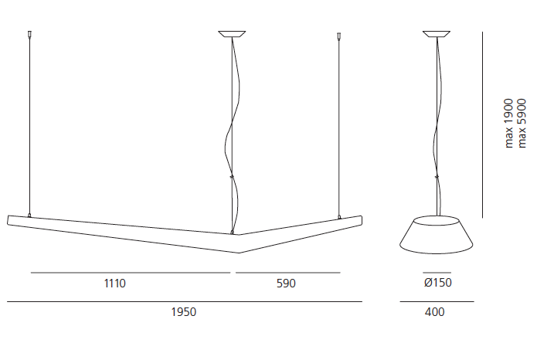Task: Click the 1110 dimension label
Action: [115, 284]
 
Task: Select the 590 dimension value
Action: [286, 284]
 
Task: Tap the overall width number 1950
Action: [184, 312]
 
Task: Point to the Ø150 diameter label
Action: [437, 283]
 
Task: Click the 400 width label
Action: [434, 312]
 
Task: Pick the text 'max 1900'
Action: [509, 124]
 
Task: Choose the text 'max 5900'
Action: [522, 124]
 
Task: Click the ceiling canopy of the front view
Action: [232, 34]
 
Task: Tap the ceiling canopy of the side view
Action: [437, 34]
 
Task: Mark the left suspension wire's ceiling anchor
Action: [29, 34]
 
